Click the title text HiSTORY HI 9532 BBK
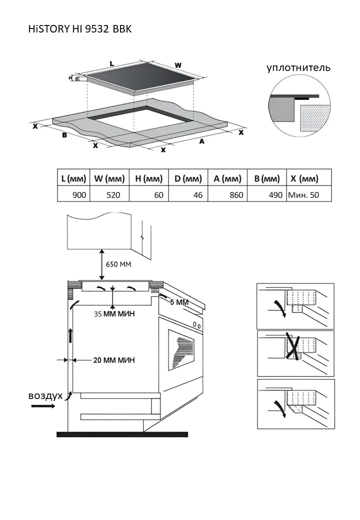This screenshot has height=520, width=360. [80, 29]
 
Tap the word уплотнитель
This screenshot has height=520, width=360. [298, 67]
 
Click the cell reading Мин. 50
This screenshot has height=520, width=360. [303, 195]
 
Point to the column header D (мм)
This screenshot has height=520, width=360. [188, 178]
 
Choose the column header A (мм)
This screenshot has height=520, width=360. [227, 178]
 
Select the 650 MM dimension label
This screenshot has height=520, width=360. [118, 264]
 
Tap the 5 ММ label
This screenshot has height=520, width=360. [179, 302]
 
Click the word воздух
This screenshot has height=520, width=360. [45, 395]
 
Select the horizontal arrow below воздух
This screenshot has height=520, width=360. [44, 406]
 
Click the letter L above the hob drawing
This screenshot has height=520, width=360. [111, 63]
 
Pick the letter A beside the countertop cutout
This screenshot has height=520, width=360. [202, 141]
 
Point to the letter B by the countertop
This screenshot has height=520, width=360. [64, 135]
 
